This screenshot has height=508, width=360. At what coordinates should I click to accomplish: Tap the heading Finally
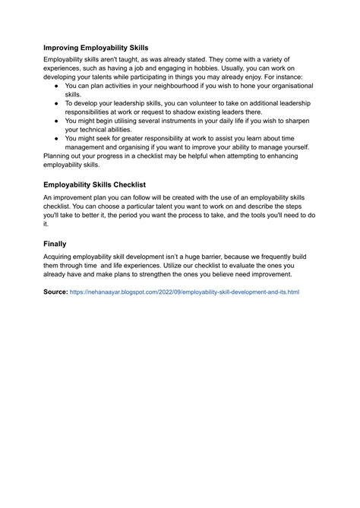coord(55,244)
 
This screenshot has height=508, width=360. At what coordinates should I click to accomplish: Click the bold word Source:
coord(55,291)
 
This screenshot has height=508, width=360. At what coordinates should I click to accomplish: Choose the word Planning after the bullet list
coord(60,156)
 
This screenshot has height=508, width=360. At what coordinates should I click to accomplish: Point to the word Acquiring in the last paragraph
coord(62,257)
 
